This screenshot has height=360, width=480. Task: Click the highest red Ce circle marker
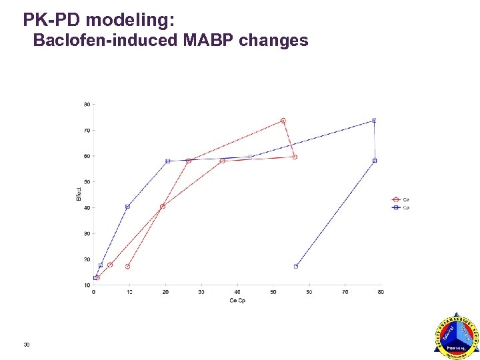[x=283, y=121]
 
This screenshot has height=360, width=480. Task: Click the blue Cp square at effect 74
[x=374, y=121]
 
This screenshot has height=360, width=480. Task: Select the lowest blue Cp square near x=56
[x=296, y=267]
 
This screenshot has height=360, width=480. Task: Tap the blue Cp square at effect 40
[x=127, y=207]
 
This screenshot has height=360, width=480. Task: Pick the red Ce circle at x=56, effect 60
[x=295, y=157]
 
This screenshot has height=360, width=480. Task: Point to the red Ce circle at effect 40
[x=163, y=207]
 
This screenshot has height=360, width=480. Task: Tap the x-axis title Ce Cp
[x=238, y=301]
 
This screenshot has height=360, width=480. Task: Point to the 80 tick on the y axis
[x=87, y=104]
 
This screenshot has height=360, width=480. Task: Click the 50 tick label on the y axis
[x=87, y=181]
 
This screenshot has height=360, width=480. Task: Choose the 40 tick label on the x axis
[x=237, y=292]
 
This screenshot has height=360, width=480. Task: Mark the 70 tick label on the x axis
[x=345, y=292]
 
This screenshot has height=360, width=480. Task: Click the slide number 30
[x=26, y=344]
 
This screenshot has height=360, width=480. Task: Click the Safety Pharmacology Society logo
[x=456, y=337]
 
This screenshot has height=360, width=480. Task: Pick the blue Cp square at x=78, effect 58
[x=375, y=161]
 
